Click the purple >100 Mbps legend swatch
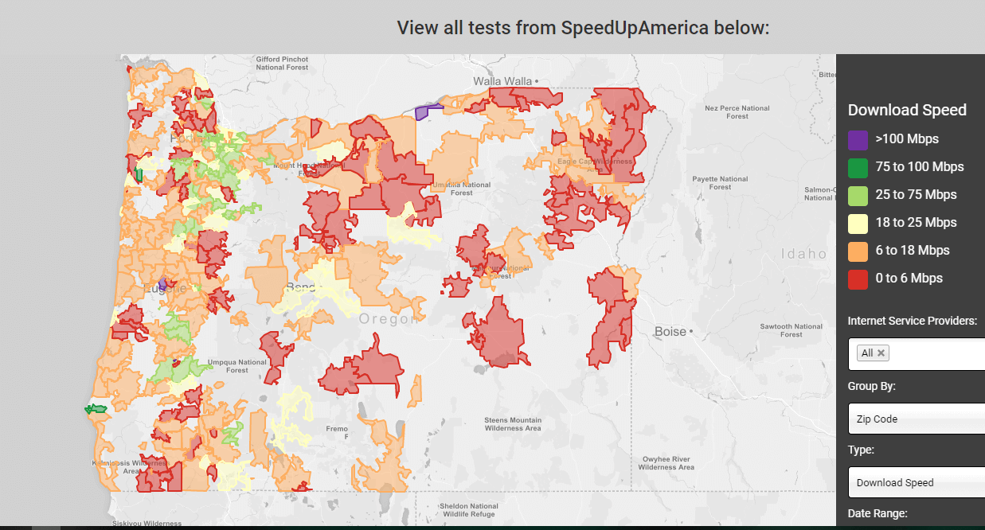coord(858,140)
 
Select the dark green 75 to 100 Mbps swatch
coord(858,168)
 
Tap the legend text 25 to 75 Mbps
coord(916,195)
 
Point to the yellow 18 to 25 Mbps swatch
coord(858,224)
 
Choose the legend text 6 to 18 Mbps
coord(913,251)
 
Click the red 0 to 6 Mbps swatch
coord(858,279)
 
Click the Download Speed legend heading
coord(907,111)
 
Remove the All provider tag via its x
coord(881,353)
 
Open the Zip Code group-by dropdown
coord(916,419)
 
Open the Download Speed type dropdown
coord(916,482)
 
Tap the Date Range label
coord(878,513)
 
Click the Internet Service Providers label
coord(912,321)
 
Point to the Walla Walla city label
coord(502,81)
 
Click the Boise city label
coord(670,331)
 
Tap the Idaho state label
coord(803,254)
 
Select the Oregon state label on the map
coord(389,319)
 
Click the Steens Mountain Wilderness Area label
coord(513,424)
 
